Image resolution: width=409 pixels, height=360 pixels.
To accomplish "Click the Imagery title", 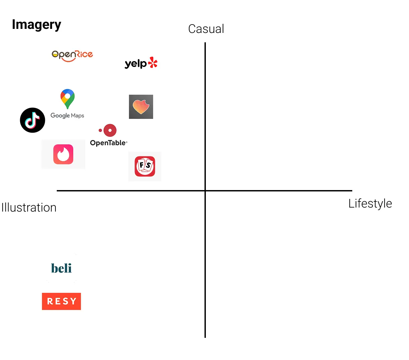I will (36, 25).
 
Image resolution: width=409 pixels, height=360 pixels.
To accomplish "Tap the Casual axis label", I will (206, 29).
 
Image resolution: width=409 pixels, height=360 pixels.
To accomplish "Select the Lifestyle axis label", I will (370, 204).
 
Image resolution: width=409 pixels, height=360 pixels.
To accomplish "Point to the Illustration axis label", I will (29, 208).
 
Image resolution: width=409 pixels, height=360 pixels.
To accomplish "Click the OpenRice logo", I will (72, 55).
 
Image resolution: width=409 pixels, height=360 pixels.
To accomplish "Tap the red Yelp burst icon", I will (153, 62).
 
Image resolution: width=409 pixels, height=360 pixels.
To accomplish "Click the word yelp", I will (136, 63).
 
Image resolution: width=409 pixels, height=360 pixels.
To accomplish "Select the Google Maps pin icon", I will (67, 98).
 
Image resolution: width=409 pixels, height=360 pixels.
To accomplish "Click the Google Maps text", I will (67, 116).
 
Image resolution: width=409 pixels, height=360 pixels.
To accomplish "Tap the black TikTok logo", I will (33, 120).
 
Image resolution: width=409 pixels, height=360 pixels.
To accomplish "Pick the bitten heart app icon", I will (141, 107).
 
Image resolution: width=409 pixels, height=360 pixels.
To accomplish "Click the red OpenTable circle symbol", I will (110, 130).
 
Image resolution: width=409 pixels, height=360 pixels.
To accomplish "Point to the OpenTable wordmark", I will (108, 143).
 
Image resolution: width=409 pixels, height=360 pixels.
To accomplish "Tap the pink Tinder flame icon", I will (63, 154).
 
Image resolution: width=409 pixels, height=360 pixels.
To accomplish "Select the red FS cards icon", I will (145, 166).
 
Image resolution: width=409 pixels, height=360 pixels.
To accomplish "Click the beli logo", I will (61, 268).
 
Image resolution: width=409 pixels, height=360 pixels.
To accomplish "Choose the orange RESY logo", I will (61, 301).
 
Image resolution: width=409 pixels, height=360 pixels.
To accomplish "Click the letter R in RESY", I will (50, 301).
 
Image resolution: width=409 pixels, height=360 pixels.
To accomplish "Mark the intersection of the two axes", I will (205, 190).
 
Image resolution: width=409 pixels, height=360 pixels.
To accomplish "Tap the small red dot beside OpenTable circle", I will (100, 130).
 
